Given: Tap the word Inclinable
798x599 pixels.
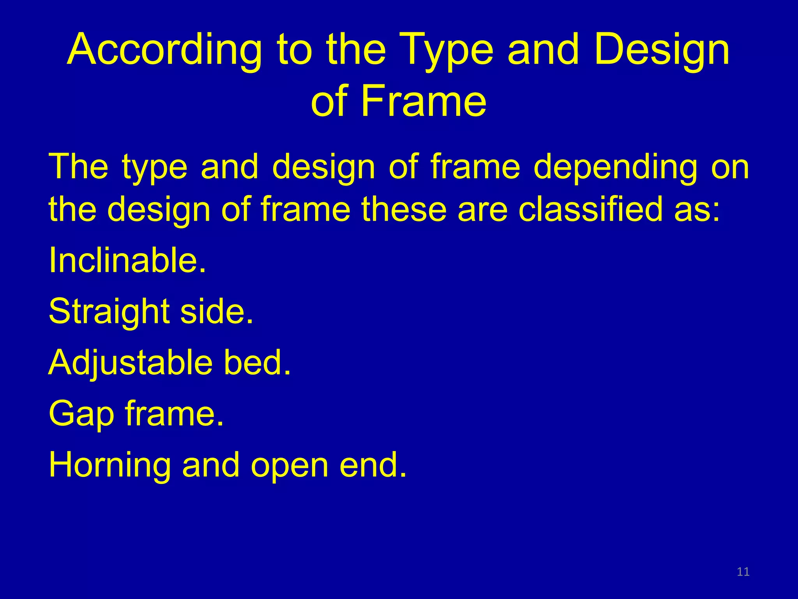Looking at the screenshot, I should click(x=127, y=260).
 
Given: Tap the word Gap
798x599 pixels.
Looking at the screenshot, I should click(x=81, y=414).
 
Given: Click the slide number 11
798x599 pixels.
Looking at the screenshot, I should click(x=743, y=572).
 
